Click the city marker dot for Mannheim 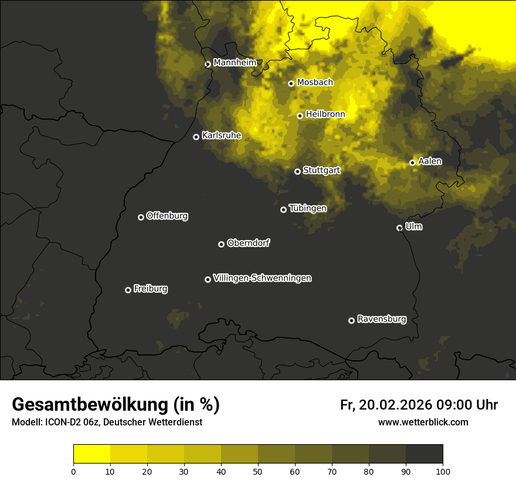(x=208, y=65)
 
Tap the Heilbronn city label (x=325, y=114)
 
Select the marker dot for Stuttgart (x=297, y=171)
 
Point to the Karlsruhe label (x=222, y=136)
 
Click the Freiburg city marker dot (x=128, y=290)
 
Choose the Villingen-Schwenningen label (x=262, y=278)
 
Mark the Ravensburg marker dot (x=351, y=320)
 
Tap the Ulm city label (x=414, y=226)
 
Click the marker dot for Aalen (x=412, y=163)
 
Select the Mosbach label (x=315, y=83)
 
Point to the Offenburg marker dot (x=141, y=217)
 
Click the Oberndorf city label (x=248, y=243)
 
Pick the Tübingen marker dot (x=283, y=209)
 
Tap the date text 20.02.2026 (x=395, y=405)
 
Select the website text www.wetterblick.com (x=423, y=422)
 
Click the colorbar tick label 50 (x=258, y=471)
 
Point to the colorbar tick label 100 (x=443, y=471)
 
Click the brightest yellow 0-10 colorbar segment (x=91, y=454)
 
